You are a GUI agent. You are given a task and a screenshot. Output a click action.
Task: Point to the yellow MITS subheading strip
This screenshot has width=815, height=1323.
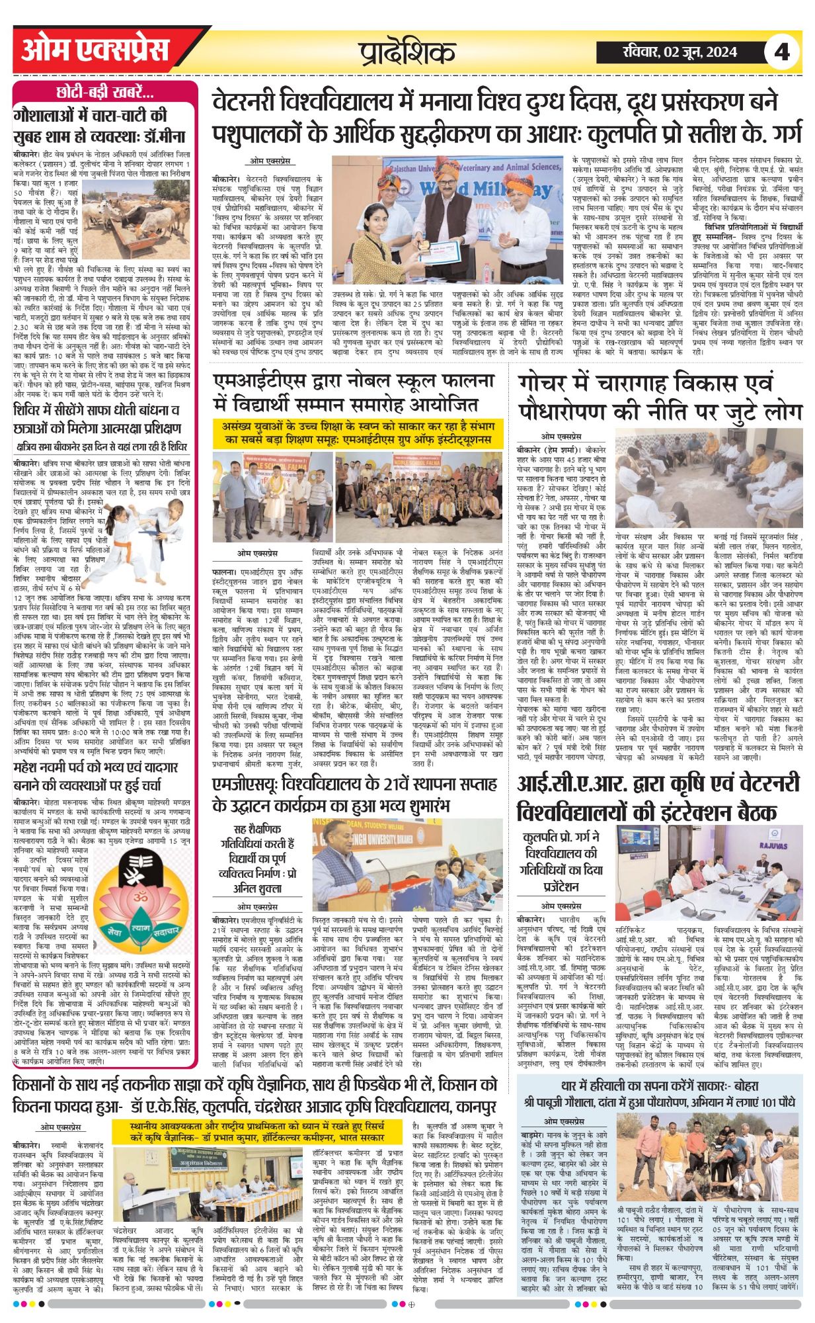pos(358,433)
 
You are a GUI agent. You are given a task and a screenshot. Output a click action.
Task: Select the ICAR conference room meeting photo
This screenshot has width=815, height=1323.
pos(709,865)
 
